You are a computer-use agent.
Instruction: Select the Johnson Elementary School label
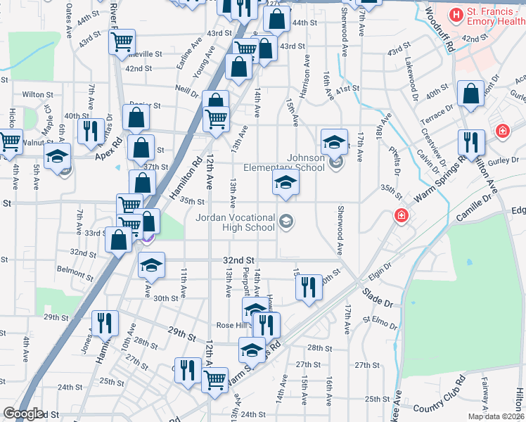click(x=284, y=162)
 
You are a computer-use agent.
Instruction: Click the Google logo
click(x=23, y=413)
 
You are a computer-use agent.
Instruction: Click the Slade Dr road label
click(x=378, y=296)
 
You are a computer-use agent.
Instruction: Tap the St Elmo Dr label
click(x=380, y=322)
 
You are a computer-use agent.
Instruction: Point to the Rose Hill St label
click(x=233, y=325)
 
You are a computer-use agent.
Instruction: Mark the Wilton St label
click(x=37, y=94)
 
